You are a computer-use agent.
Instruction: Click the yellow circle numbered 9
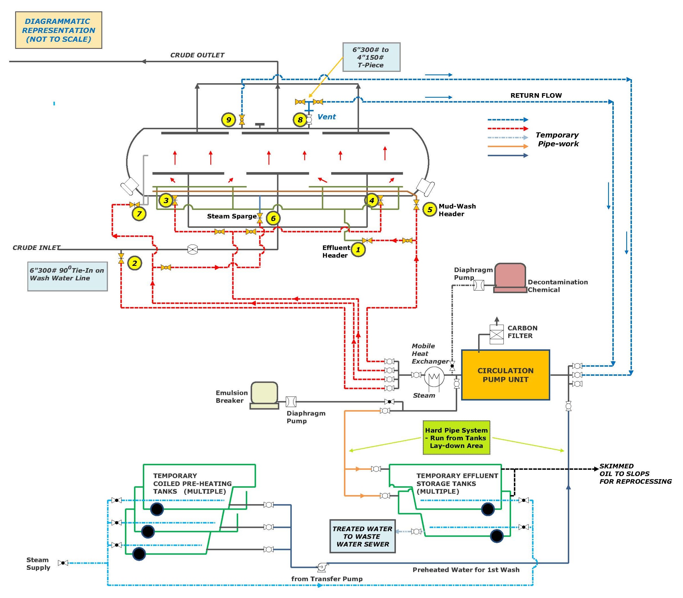point(228,120)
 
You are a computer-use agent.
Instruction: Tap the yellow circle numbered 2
point(135,263)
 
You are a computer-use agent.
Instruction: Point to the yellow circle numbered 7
point(139,214)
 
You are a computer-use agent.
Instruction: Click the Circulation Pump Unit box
point(505,375)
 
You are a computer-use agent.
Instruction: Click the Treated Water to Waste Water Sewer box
point(362,536)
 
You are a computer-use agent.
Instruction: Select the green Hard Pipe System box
point(456,438)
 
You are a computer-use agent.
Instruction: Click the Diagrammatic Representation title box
point(59,30)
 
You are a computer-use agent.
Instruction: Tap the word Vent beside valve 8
point(326,117)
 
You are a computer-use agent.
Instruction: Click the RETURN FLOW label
point(536,95)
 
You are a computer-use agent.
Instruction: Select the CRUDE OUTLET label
point(197,55)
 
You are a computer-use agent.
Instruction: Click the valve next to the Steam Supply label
point(63,563)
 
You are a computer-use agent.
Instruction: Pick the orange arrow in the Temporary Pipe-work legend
point(507,146)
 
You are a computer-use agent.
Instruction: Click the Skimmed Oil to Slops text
point(635,474)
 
